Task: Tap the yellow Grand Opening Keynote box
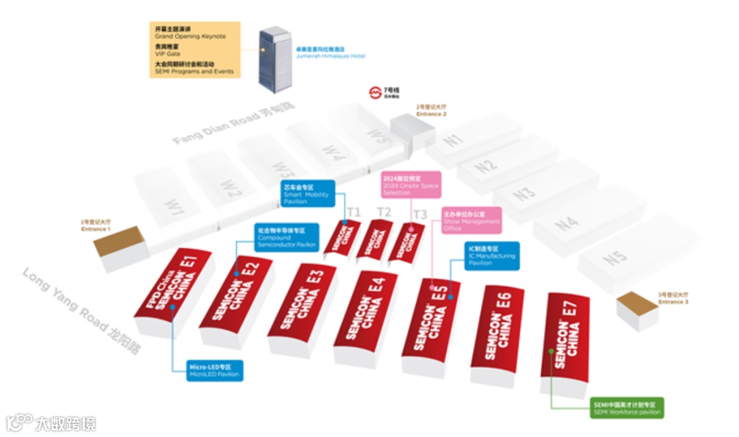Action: [x=194, y=49]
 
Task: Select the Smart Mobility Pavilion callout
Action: [x=307, y=194]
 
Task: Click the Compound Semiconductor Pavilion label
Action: [x=287, y=236]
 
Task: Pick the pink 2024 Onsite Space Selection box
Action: [x=411, y=184]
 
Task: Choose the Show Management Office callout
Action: [x=471, y=221]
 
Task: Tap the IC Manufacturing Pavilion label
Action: [x=491, y=255]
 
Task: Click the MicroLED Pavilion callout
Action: [x=215, y=371]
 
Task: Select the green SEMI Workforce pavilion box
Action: [x=626, y=408]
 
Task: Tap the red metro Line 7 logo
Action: [x=374, y=92]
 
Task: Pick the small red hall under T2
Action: [x=375, y=239]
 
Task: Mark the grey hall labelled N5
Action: [x=615, y=260]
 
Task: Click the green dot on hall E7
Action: [x=552, y=351]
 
